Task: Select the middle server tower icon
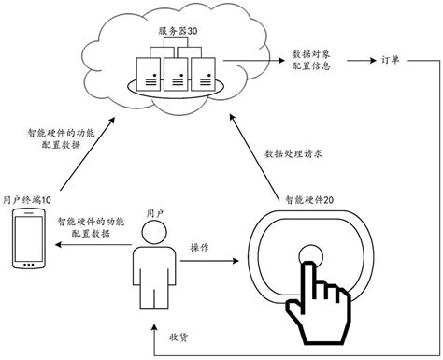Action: tap(175, 70)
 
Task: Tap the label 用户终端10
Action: tap(28, 200)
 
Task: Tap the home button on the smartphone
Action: tap(28, 266)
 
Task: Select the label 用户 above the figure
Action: tap(156, 214)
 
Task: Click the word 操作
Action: tap(200, 247)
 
